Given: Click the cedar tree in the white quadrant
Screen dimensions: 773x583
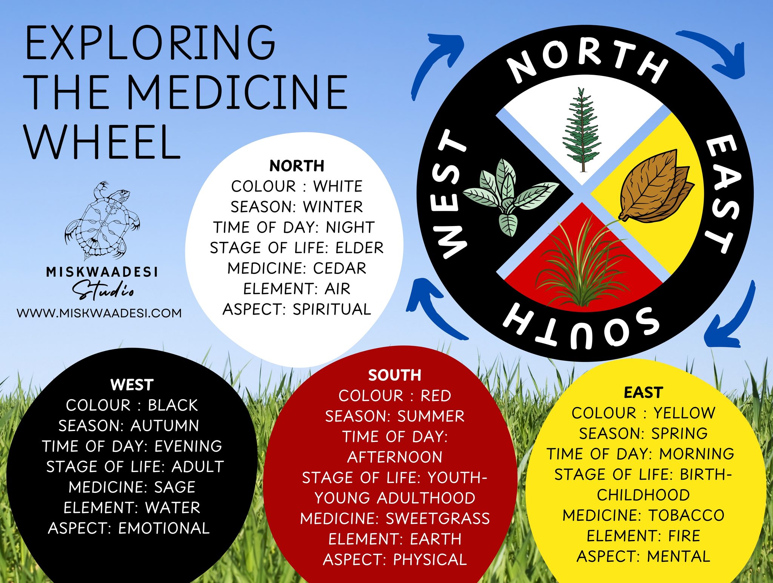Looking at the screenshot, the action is coord(582,130).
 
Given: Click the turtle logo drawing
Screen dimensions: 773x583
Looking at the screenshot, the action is coord(103,221).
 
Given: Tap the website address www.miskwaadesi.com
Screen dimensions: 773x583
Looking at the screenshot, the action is coord(99,313).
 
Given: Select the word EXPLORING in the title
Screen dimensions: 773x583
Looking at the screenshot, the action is coord(150,43).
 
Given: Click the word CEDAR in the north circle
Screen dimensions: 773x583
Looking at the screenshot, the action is coord(340,268).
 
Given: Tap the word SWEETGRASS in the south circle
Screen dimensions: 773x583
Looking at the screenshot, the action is coord(438,518).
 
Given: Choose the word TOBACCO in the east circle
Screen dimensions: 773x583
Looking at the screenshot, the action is coord(687,515).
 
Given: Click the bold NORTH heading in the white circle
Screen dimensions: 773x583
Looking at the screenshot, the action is coord(297,166).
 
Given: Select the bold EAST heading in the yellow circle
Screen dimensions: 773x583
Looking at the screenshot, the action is coord(644,392).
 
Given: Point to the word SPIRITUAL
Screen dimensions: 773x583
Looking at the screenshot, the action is coord(332,309).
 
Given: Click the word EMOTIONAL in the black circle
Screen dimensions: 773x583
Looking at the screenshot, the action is coord(164,528).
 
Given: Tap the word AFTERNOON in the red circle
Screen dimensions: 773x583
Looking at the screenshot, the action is coord(395,457).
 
